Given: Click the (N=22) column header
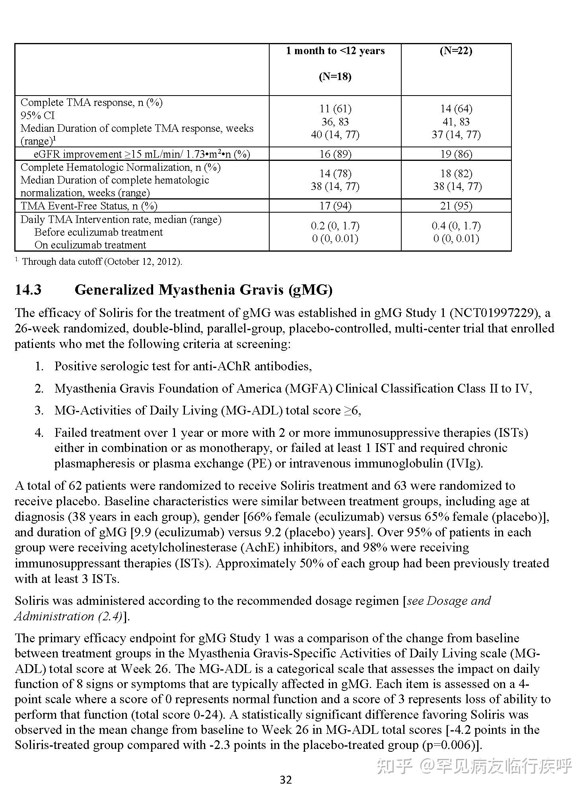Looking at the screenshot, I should click(x=456, y=51).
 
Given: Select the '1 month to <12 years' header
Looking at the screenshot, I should click(x=335, y=51).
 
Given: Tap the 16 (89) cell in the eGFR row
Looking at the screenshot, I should click(x=335, y=154).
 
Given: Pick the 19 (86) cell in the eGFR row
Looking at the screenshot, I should click(x=456, y=154).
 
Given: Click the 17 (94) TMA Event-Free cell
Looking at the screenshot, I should click(x=335, y=206).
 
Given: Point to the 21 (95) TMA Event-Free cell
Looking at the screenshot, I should click(x=456, y=206).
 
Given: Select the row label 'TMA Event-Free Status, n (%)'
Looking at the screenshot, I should click(x=89, y=206).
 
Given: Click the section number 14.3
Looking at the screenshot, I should click(x=28, y=290).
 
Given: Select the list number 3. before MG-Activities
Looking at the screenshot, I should click(x=39, y=411).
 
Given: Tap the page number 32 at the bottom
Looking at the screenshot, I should click(x=286, y=780).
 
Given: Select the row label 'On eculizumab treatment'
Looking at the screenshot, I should click(x=90, y=245).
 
